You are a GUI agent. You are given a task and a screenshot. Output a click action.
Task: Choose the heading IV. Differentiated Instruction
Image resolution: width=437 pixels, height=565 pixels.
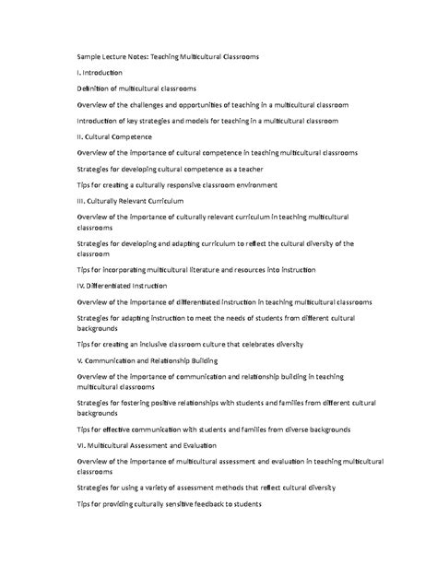point(122,286)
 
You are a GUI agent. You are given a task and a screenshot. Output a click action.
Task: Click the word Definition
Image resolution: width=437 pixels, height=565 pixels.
point(95,88)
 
